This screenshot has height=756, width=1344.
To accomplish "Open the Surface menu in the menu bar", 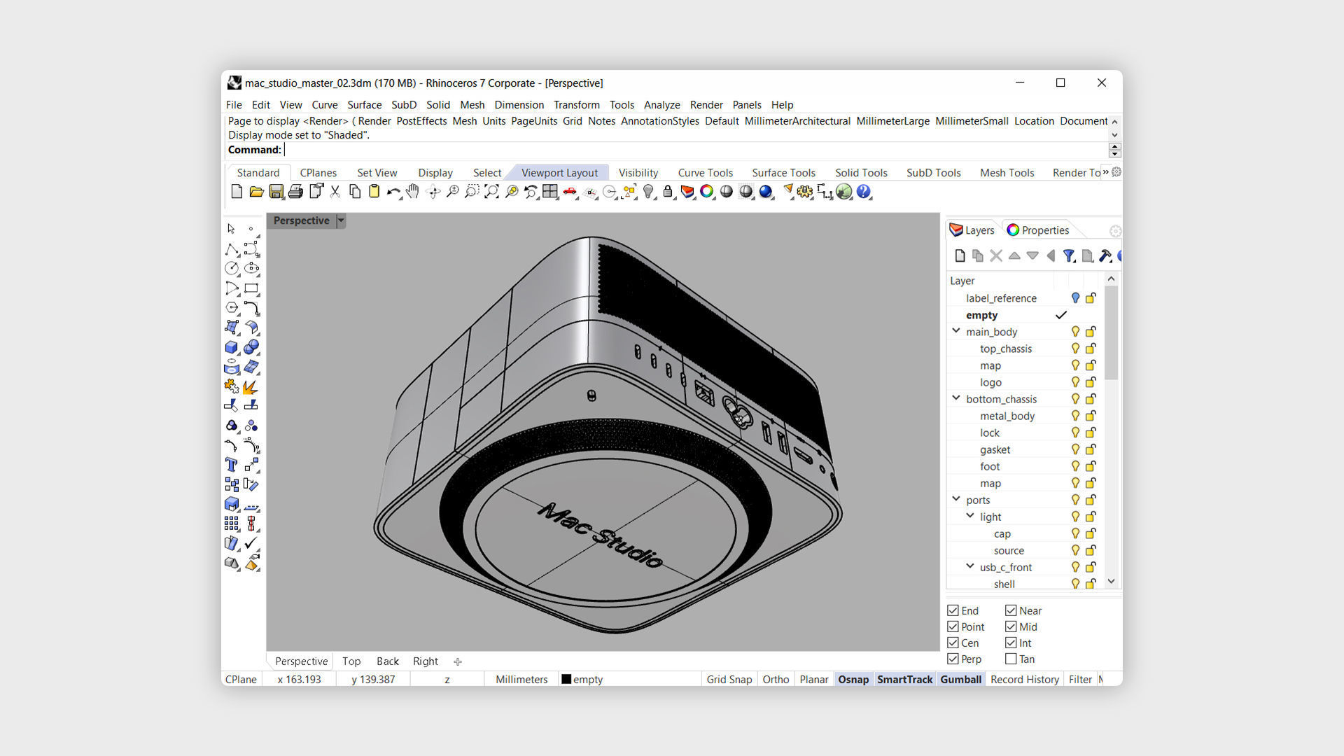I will click(364, 105).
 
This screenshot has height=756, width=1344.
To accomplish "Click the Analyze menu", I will click(661, 105).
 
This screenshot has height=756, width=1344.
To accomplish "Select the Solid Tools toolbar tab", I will click(860, 173).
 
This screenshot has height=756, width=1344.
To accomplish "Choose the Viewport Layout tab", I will click(559, 173).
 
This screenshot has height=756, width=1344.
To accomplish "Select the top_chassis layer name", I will click(1005, 349).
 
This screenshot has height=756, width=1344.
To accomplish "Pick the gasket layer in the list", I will click(995, 449).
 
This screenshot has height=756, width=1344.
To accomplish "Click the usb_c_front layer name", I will click(1005, 567).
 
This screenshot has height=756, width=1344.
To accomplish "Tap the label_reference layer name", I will click(1001, 298).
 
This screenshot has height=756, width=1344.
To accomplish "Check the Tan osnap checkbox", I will click(1011, 659).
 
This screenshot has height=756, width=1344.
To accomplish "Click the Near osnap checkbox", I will click(1011, 610).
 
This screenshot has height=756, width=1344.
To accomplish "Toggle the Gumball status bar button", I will click(960, 679).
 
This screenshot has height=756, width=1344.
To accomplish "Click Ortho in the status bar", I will click(776, 679).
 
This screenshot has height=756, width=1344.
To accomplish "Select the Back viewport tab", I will click(387, 661).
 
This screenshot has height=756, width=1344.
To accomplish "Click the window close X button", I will click(1101, 83).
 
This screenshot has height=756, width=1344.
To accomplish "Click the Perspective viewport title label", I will click(301, 220).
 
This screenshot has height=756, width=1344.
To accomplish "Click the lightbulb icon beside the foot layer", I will click(1075, 466).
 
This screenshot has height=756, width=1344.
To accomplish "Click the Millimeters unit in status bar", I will click(521, 679).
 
